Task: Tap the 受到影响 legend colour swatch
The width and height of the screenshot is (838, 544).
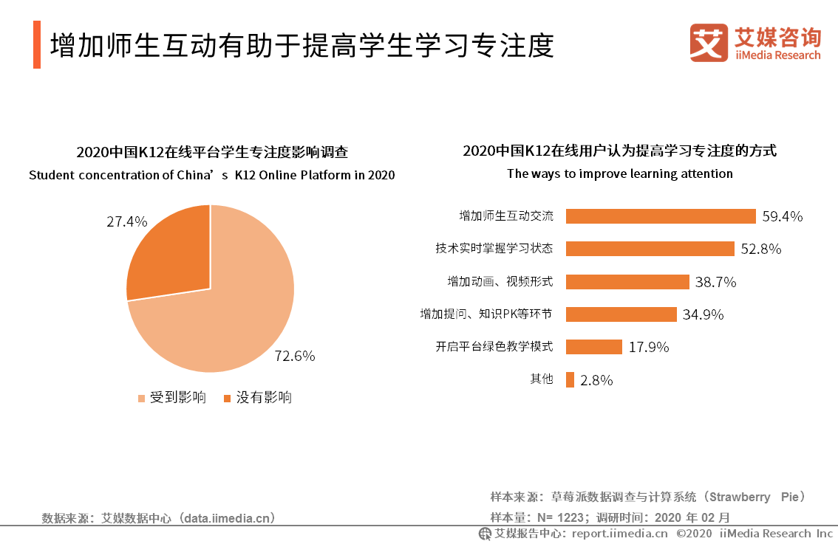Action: click(142, 399)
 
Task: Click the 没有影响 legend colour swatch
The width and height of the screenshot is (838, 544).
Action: click(228, 399)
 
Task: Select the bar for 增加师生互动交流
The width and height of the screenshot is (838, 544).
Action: click(661, 216)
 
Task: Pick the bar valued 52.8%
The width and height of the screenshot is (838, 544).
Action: click(650, 249)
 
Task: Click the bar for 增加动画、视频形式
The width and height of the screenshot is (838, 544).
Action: click(627, 282)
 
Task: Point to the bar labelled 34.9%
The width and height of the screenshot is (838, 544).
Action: click(621, 314)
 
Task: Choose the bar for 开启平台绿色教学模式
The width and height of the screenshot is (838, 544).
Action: click(593, 347)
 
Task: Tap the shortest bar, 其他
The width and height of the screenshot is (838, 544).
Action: click(570, 379)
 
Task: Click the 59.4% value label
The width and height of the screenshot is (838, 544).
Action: click(783, 216)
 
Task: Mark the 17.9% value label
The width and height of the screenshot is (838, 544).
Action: click(649, 347)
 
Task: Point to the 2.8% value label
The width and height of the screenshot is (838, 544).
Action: click(596, 380)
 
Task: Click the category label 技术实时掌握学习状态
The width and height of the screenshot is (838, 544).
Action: click(494, 249)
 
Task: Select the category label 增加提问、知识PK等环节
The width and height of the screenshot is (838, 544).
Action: click(486, 314)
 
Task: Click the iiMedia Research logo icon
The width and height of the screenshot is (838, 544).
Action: click(709, 43)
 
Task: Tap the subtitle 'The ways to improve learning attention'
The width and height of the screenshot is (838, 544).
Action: click(619, 174)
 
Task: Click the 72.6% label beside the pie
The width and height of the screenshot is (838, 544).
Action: click(295, 356)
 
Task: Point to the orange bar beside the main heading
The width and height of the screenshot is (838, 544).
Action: click(37, 45)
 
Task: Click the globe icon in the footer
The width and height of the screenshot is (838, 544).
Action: click(485, 534)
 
